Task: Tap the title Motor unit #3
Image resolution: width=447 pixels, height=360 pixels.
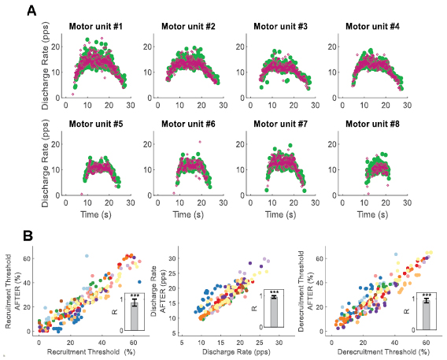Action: tap(281, 27)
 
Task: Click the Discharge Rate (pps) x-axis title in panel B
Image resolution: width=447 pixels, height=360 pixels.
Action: tap(230, 344)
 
